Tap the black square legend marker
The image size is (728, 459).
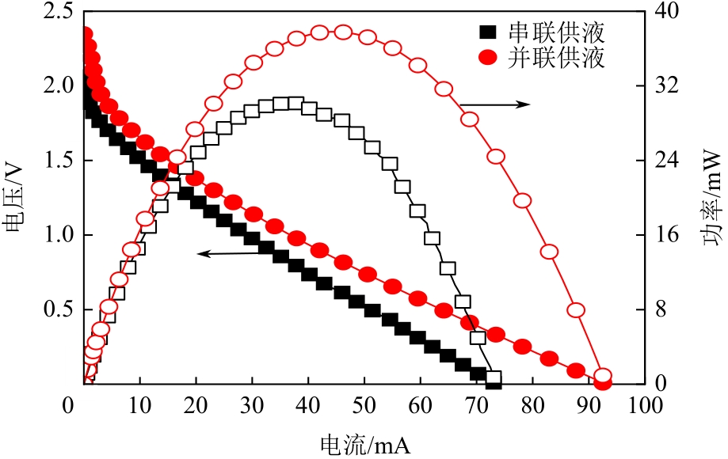pos(489,33)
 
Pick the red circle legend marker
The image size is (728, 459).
pos(489,58)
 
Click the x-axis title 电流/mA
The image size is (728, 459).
pos(365,443)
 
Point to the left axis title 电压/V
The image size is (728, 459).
pos(15,199)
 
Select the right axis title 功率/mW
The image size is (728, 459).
pos(711,199)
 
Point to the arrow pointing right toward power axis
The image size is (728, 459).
pos(495,104)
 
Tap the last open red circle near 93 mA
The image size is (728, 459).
pos(602,376)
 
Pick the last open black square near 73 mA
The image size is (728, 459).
pos(494,379)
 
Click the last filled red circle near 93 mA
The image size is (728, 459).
pos(602,384)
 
